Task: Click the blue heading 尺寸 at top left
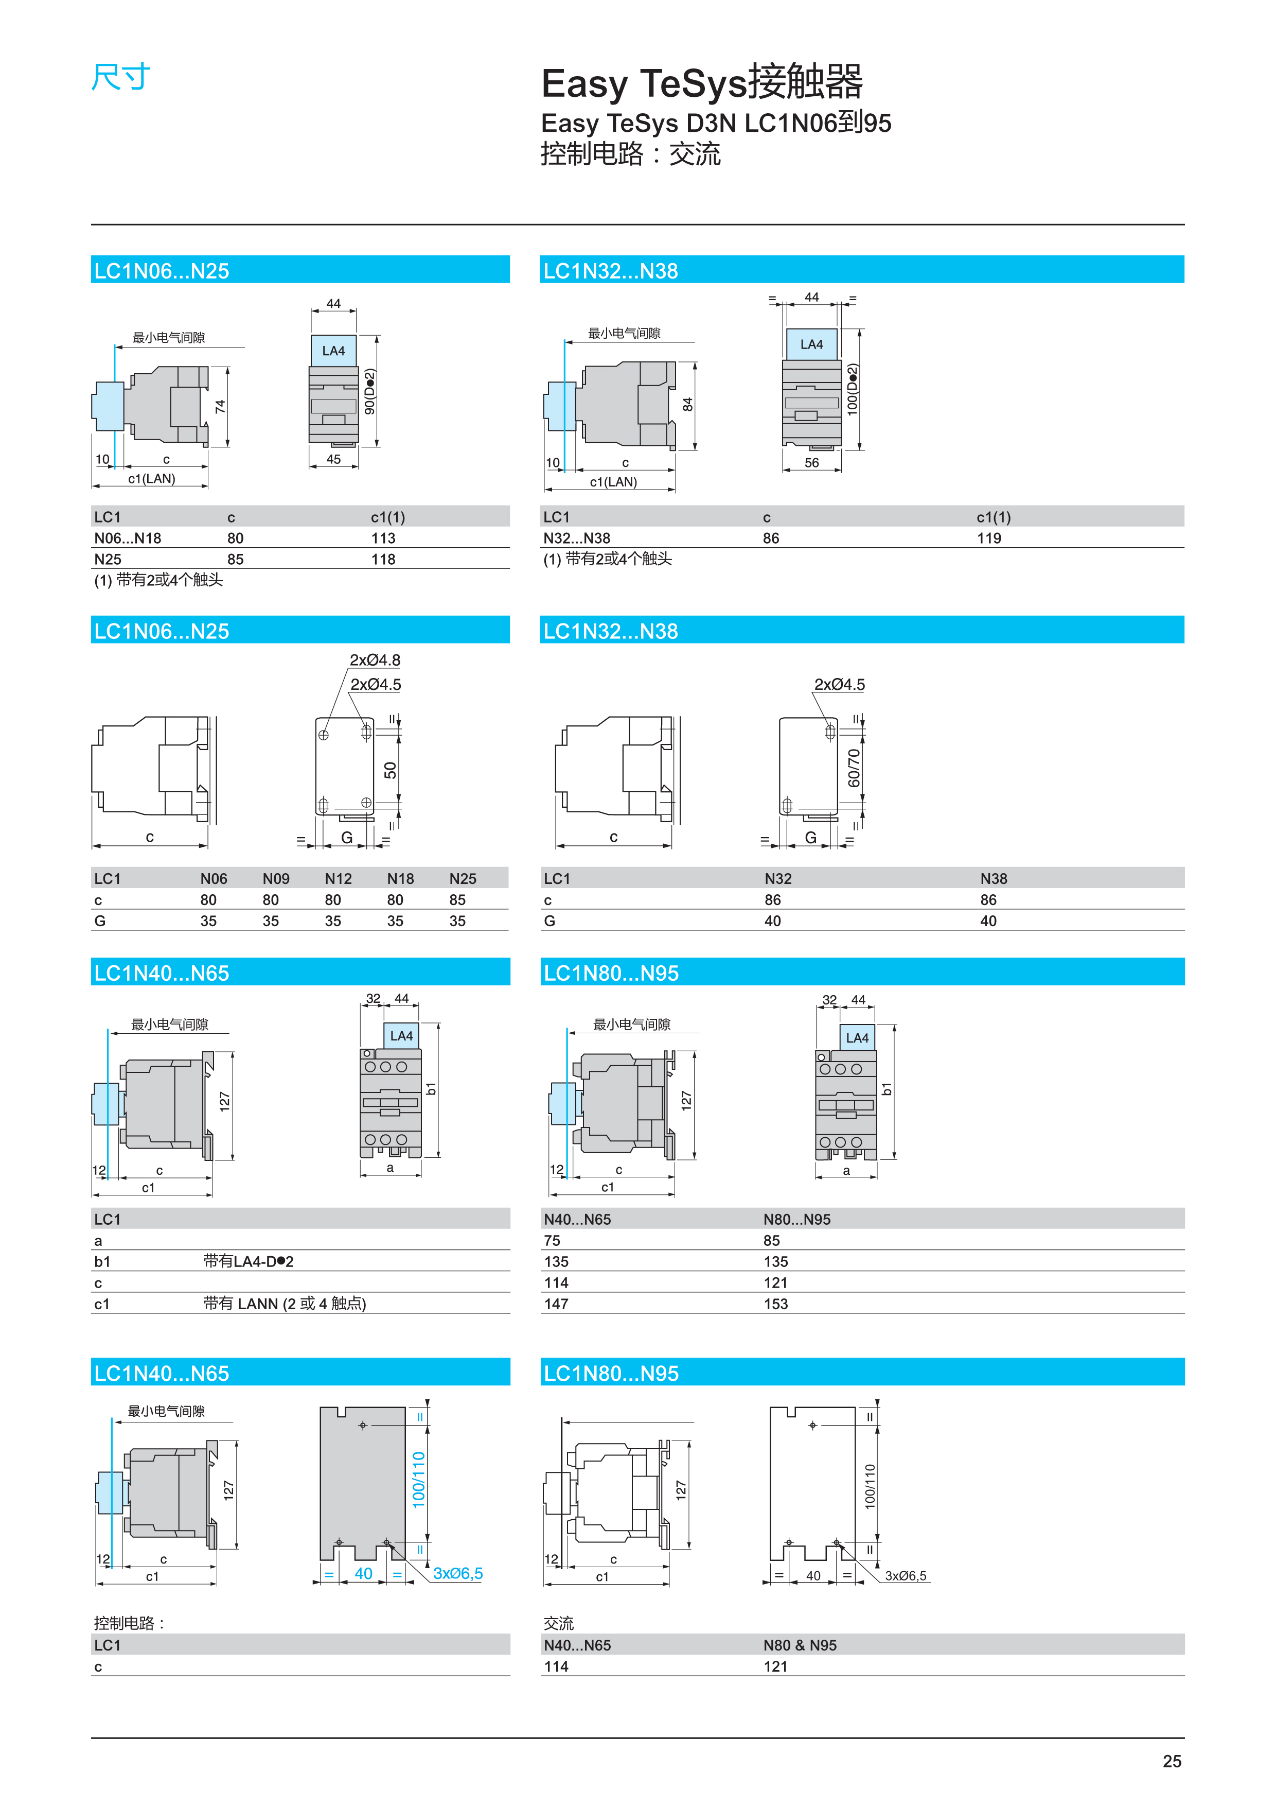click(120, 77)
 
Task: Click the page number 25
click(1172, 1761)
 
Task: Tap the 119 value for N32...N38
click(988, 538)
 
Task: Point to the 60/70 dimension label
click(854, 768)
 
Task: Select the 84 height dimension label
click(688, 404)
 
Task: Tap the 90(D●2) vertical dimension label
click(369, 392)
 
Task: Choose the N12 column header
click(338, 879)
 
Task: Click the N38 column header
click(993, 879)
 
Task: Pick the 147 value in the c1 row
click(556, 1304)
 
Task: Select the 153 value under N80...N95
click(775, 1304)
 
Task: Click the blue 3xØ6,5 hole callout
click(457, 1573)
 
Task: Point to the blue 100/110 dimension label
click(418, 1480)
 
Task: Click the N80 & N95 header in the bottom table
click(800, 1645)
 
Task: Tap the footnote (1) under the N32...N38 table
click(607, 559)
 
